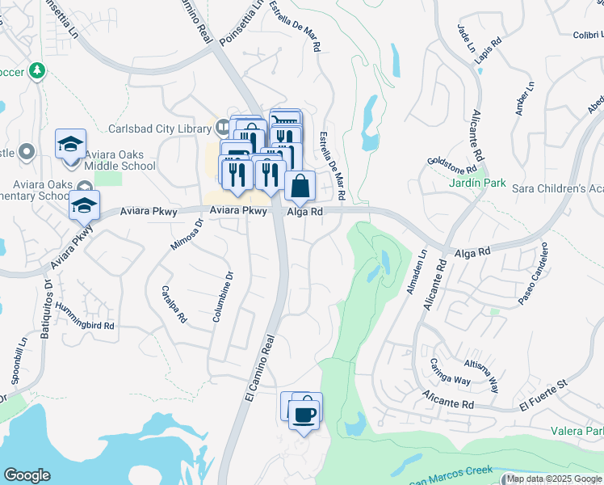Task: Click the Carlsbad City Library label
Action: [158, 129]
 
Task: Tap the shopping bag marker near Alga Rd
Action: [300, 185]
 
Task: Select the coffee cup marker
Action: [304, 415]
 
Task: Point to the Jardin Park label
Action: [477, 183]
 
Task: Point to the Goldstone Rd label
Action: [452, 165]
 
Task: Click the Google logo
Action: [27, 475]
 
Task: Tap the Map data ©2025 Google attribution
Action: [555, 479]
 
